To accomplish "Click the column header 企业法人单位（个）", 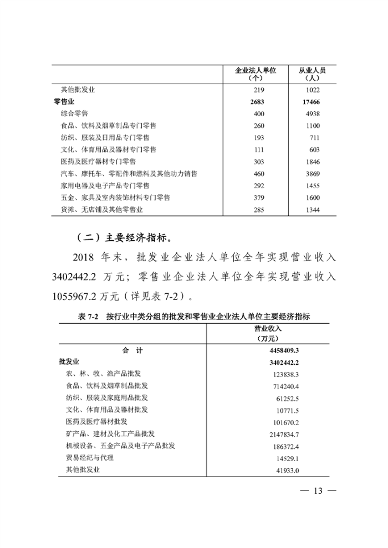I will pos(256,74).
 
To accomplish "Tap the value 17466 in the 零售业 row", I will pos(312,101).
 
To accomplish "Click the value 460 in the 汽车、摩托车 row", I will pos(258,174).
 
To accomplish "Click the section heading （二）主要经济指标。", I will pos(123,239).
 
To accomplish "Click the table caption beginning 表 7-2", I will pos(193,317).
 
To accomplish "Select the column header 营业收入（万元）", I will pos(270,333).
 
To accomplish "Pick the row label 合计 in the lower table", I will pos(132,350).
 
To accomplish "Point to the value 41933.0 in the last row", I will pos(285,470).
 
